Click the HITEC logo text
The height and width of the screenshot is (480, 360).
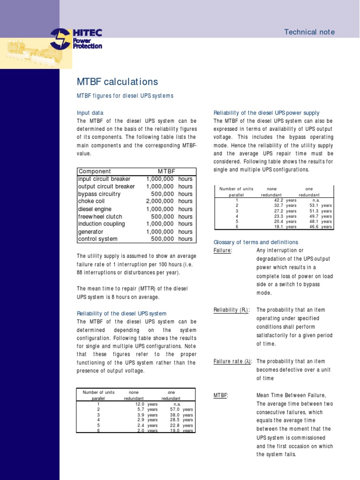pos(87,33)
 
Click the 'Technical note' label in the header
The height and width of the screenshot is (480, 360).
pos(309,32)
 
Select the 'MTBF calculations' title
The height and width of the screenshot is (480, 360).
pos(117,82)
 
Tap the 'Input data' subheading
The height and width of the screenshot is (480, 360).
pos(90,113)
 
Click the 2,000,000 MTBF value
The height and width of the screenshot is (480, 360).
pos(160,202)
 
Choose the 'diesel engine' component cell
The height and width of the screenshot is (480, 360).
pos(95,209)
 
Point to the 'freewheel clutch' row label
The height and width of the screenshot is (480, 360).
pos(100,217)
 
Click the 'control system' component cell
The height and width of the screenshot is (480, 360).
pos(98,239)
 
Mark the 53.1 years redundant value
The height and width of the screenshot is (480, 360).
pos(321,205)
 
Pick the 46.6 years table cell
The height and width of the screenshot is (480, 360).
pos(321,226)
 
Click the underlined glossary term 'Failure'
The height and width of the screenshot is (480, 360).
pos(223,251)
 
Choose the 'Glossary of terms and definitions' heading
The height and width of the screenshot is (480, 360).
pos(255,242)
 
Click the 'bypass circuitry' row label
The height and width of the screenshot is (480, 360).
pos(99,194)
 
